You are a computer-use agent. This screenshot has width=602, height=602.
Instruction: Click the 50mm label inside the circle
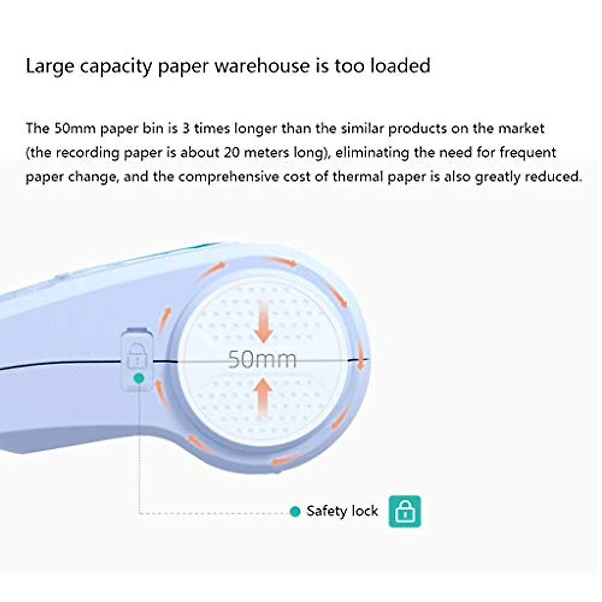pos(262,359)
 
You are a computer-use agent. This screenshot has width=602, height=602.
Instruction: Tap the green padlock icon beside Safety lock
pos(405,511)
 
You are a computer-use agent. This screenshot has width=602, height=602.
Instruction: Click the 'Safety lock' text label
pos(342,511)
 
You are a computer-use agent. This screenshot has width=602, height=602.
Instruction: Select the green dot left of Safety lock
pos(295,512)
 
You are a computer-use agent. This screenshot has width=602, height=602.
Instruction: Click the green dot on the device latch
pos(139,377)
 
